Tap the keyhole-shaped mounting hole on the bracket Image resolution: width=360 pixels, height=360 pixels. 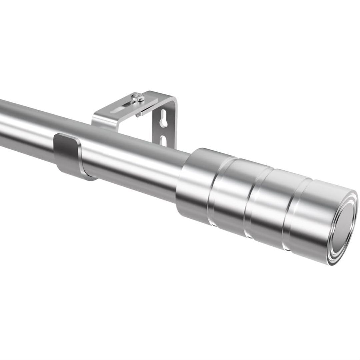click(163, 122)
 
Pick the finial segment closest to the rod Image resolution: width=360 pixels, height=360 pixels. click(195, 187)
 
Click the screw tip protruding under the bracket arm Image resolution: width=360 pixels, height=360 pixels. click(137, 115)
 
